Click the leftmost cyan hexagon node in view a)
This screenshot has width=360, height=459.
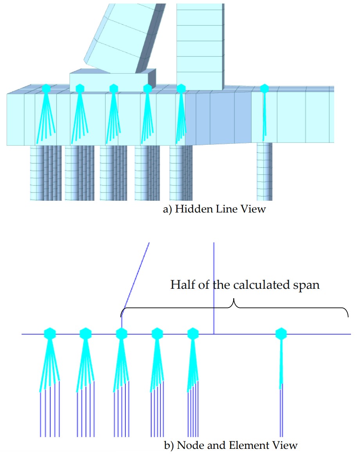coord(46,88)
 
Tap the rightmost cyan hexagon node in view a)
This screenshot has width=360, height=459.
coord(265,88)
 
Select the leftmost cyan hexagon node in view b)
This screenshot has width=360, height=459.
coord(50,334)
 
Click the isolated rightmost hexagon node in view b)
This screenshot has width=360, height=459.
coord(281,334)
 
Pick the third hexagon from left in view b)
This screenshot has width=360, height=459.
coord(122,334)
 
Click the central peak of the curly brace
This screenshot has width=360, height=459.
coord(234,301)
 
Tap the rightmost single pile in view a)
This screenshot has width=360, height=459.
coord(265,172)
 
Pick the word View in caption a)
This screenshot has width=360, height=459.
coord(255,209)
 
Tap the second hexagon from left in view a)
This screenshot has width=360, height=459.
coord(80,88)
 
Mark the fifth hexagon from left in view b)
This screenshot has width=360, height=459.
coord(192,334)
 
